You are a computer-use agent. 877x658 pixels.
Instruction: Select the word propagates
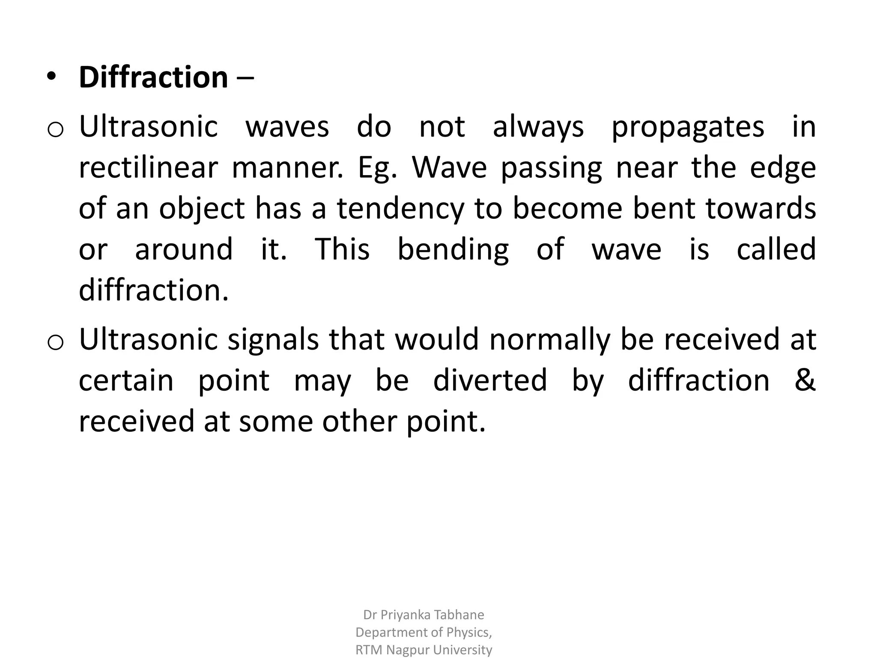[x=687, y=127]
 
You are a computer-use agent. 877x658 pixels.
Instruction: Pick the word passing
[x=552, y=168]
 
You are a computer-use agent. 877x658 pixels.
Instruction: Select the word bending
[x=453, y=250]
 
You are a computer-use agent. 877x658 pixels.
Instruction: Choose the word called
[x=776, y=249]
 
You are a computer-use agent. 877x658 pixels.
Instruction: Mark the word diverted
[x=490, y=380]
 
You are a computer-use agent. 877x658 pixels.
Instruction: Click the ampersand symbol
[x=805, y=380]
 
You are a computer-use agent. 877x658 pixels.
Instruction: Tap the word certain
[x=126, y=380]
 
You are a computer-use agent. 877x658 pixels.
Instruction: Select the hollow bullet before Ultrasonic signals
[x=55, y=342]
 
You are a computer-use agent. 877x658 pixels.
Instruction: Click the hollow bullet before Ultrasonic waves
[x=55, y=129]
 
